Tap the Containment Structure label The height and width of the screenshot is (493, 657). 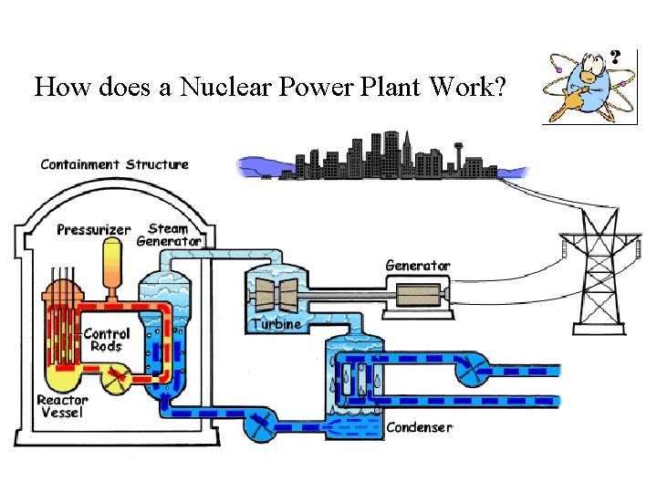(115, 164)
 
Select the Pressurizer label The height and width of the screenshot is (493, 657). (94, 229)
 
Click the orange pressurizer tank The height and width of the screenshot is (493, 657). (114, 260)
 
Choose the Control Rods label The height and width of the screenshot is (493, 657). (107, 340)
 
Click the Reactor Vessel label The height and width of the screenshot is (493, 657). (62, 406)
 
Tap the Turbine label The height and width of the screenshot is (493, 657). (276, 325)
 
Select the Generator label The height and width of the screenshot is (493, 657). (418, 266)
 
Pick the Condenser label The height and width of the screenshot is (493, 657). (419, 427)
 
